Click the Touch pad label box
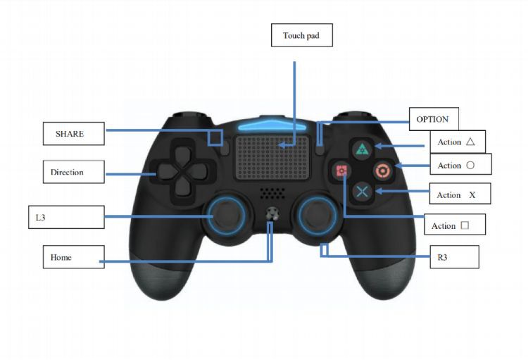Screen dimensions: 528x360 [302, 35]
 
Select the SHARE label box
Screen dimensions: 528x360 [74, 133]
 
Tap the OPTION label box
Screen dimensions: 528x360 [434, 119]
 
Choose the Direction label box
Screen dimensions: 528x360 [74, 172]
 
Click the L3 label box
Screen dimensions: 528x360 [66, 217]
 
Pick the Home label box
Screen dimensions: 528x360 [74, 257]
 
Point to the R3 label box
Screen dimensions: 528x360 [454, 257]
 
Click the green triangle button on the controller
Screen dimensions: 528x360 [362, 149]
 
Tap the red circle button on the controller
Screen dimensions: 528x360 [382, 170]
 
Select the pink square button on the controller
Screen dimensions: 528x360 [341, 170]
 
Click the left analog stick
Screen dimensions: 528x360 [227, 216]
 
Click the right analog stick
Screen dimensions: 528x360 [318, 216]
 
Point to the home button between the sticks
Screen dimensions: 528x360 [272, 214]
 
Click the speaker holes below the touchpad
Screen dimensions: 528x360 [272, 193]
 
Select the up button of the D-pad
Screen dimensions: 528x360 [182, 155]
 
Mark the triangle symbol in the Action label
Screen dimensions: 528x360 [470, 142]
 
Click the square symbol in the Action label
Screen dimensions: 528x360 [465, 225]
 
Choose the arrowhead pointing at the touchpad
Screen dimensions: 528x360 [282, 145]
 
